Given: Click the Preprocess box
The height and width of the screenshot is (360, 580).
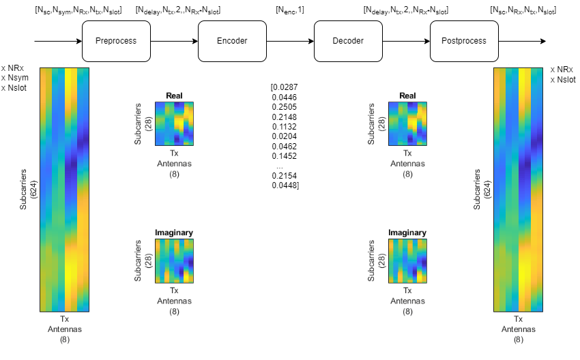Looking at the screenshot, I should click(x=115, y=41).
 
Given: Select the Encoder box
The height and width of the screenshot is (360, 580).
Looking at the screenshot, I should click(x=231, y=41).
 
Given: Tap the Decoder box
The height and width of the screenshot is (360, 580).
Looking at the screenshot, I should click(x=347, y=41).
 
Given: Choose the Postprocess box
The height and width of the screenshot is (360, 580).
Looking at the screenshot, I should click(x=463, y=41).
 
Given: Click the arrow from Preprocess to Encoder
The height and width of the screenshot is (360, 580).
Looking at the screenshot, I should click(x=173, y=41).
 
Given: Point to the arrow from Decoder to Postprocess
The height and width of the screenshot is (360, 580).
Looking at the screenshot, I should click(x=405, y=41).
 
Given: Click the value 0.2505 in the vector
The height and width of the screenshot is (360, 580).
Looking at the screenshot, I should click(x=283, y=106).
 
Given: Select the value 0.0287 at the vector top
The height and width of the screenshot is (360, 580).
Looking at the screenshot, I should click(x=285, y=87).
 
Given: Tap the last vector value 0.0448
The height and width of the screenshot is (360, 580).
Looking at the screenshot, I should click(x=285, y=185).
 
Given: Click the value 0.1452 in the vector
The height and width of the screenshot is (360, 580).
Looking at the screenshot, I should click(x=283, y=156).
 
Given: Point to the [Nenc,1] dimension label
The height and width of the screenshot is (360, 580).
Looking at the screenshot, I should click(x=290, y=11).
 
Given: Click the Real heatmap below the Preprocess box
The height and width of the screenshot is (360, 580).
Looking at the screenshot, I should click(x=174, y=124).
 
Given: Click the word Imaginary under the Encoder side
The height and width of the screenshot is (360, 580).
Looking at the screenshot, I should click(x=174, y=232).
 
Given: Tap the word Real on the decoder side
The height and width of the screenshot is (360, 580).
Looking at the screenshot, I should click(x=407, y=96).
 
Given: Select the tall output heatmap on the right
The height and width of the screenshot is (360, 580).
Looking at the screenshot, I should click(x=518, y=190).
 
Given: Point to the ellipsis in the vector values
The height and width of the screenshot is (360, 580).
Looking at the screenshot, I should click(x=280, y=166).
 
